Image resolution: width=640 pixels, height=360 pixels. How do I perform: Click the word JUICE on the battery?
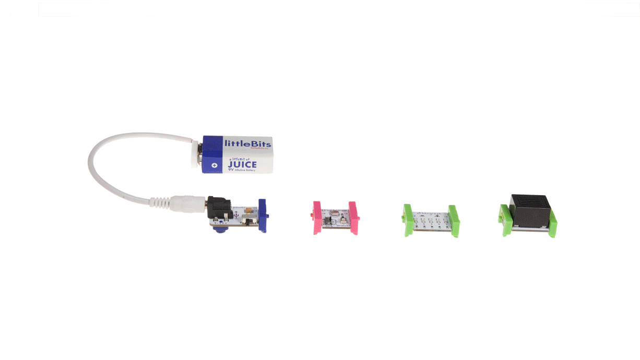coord(242,165)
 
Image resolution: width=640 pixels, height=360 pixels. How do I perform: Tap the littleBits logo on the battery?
coord(247,142)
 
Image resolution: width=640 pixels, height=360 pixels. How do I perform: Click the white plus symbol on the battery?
coord(213,165)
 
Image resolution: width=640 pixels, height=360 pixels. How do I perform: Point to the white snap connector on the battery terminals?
coord(198,153)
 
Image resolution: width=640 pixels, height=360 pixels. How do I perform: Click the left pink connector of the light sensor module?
coord(316,218)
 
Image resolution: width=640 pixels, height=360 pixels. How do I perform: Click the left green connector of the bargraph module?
coord(407,220)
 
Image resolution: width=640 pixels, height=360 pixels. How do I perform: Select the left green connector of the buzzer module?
coord(505,221)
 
